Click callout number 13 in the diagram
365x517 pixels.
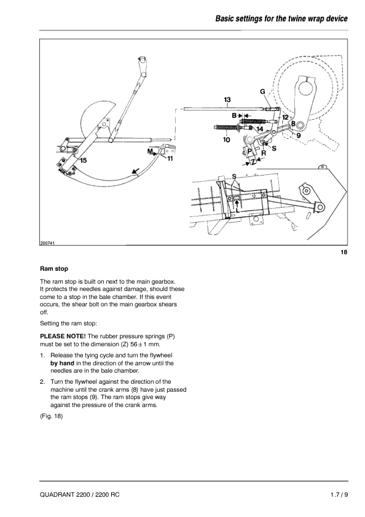227,99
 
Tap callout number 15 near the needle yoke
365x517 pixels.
83,160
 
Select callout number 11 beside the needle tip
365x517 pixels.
170,158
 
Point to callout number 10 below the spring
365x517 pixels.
226,140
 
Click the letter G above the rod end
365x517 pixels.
263,91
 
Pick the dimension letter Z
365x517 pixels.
253,162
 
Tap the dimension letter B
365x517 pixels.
234,115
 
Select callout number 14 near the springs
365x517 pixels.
260,129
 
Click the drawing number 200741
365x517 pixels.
47,243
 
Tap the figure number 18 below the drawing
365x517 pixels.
344,252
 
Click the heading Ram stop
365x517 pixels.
54,269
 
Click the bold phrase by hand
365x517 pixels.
63,363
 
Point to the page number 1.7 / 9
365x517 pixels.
339,494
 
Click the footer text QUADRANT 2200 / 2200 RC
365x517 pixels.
80,494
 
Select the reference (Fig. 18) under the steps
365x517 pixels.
51,416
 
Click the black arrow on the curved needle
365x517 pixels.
135,171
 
